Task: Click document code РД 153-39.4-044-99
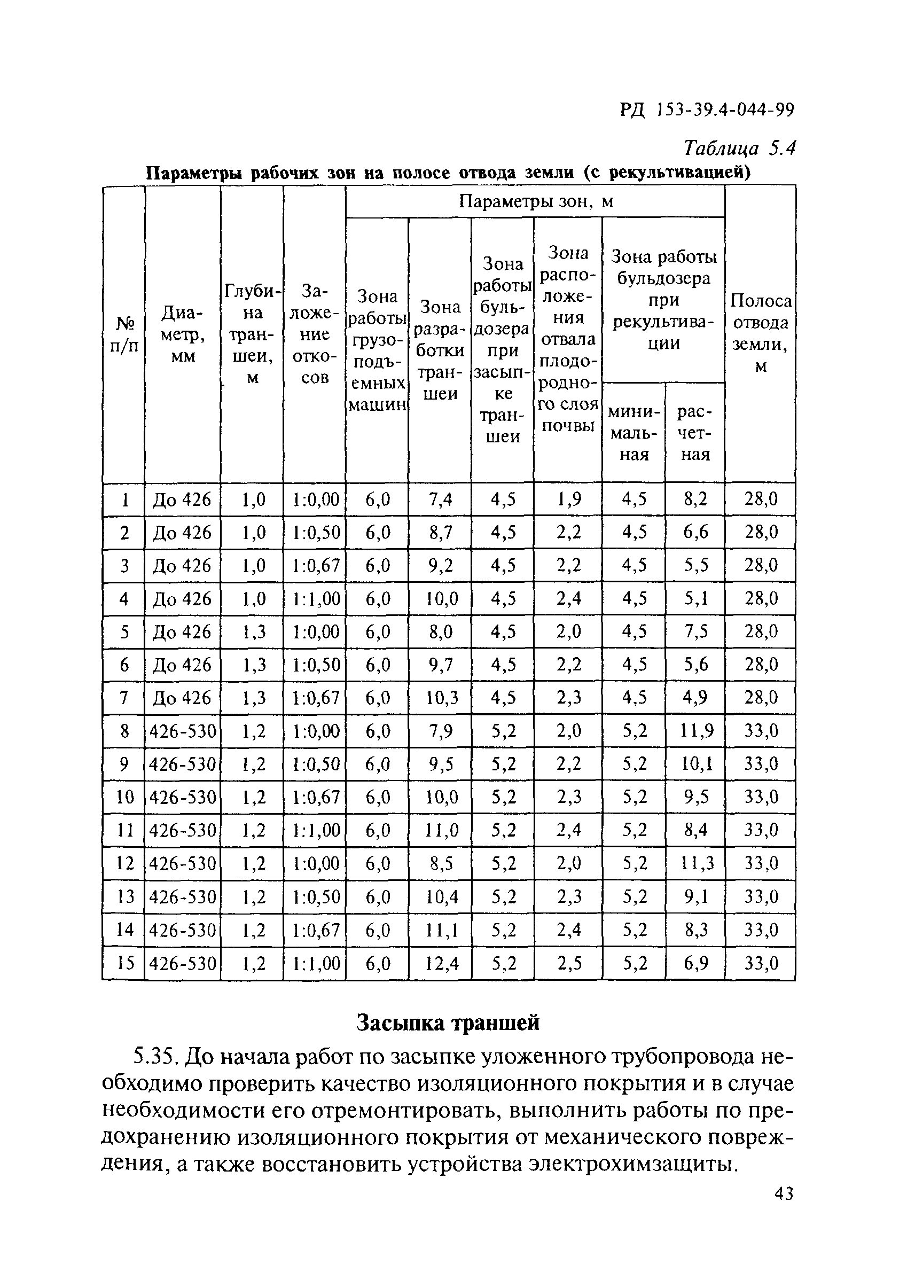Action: click(707, 110)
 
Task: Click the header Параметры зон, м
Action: click(535, 201)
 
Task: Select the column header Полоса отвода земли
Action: click(760, 333)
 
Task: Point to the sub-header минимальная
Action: click(634, 433)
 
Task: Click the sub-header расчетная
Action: click(695, 433)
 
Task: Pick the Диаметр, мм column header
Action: click(183, 334)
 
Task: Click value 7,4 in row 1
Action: click(440, 499)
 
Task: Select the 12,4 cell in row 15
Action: click(440, 964)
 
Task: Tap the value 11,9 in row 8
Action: click(695, 731)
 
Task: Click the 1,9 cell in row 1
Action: click(568, 499)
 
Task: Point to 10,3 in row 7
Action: click(440, 698)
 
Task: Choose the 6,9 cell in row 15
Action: click(695, 964)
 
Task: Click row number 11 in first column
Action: click(124, 831)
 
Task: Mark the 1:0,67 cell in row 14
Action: click(315, 930)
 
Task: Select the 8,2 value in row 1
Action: click(695, 499)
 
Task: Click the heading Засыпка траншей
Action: click(449, 1023)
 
